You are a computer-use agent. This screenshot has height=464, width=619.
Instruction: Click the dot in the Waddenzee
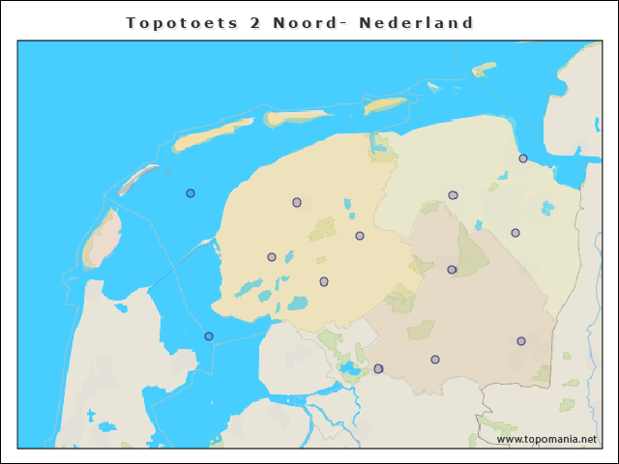(191, 193)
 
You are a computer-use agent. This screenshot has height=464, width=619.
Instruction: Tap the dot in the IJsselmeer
(209, 336)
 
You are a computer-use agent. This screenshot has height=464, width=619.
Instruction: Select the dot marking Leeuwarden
(297, 202)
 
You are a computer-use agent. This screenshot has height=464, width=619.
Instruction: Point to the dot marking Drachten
(360, 236)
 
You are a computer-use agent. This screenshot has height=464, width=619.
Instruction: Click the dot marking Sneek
(272, 257)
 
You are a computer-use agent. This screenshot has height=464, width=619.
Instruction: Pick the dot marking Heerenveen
(324, 281)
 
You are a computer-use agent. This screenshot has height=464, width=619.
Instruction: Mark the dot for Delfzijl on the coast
(523, 159)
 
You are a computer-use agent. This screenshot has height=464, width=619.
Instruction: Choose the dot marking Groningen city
(453, 195)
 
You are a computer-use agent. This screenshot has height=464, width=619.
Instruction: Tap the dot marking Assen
(452, 270)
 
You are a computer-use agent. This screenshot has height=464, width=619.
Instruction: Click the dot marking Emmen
(521, 341)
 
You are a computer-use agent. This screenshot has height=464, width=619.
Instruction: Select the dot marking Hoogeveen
(435, 360)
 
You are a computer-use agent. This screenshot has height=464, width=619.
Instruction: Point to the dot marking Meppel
(378, 368)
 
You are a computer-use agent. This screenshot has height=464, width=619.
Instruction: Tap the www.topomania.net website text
(546, 439)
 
